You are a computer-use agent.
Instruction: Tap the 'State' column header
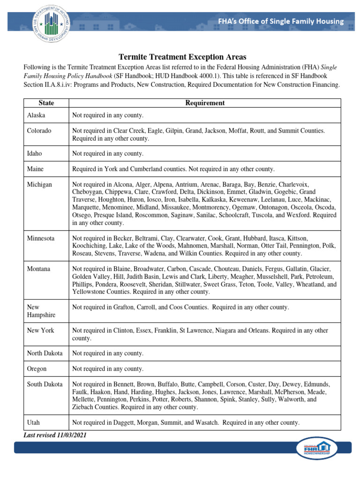[x=46, y=103]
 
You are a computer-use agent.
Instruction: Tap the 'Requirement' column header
[x=205, y=103]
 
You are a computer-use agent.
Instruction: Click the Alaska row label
[x=36, y=115]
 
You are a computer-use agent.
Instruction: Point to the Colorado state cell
[x=39, y=131]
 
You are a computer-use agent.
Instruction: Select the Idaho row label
[x=35, y=153]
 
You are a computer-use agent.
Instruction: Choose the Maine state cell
[x=36, y=169]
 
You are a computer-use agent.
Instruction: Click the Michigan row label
[x=39, y=185]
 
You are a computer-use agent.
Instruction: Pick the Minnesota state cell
[x=41, y=238]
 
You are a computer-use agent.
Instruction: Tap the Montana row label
[x=38, y=269]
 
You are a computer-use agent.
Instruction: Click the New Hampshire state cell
[x=41, y=311]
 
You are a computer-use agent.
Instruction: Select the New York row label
[x=40, y=330]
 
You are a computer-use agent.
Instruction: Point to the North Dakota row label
[x=45, y=353]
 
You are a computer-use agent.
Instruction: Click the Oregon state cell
[x=37, y=368]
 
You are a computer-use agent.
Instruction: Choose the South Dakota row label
[x=45, y=384]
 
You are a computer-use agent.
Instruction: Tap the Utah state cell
[x=33, y=422]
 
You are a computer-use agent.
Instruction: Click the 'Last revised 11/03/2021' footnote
[x=55, y=435]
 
